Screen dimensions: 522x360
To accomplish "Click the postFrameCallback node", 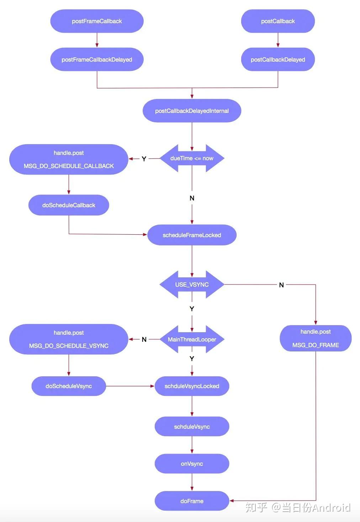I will (97, 21).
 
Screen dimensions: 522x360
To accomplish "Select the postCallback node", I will (278, 21).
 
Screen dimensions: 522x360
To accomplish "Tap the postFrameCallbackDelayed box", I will (97, 59).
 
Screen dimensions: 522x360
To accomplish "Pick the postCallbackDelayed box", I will (278, 59).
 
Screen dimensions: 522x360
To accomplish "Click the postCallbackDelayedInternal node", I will (192, 111).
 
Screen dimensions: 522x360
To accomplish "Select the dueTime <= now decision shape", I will (192, 158).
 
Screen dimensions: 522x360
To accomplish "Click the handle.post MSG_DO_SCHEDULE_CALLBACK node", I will (69, 160).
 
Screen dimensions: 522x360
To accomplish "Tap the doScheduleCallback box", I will (69, 205).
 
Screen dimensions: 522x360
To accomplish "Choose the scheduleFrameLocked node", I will (192, 235).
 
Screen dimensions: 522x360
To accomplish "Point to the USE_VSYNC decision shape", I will (192, 285).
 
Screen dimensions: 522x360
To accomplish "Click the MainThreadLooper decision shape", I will (192, 339).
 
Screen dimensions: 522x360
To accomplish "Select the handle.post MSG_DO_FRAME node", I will (316, 338).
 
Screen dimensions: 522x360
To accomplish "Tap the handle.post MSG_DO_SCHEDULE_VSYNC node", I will (69, 339).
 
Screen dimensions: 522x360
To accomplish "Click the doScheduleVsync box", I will (69, 386).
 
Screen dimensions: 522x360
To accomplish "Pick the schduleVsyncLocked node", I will (192, 386).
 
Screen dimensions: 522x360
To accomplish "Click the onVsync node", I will (192, 464).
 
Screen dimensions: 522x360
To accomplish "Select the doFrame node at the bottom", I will (192, 501).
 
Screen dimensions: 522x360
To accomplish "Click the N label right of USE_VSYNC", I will (281, 285).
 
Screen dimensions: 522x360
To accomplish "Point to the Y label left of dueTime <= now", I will (144, 159).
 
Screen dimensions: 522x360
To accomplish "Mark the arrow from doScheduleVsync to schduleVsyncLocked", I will (130, 386).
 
